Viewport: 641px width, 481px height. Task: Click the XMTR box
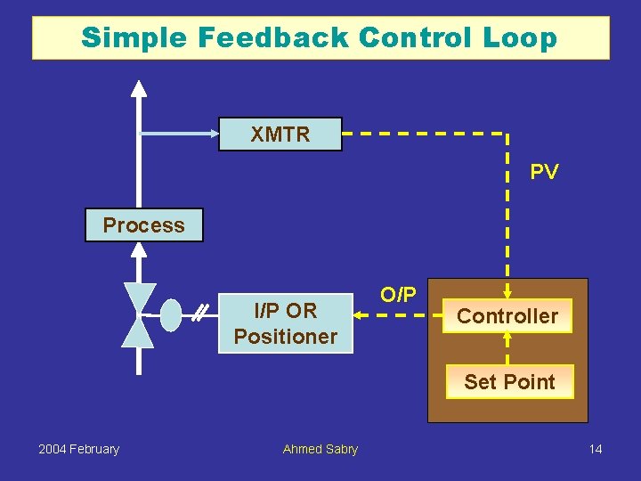[x=280, y=135]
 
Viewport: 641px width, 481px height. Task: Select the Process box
[x=143, y=225]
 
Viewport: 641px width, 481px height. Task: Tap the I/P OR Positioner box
[x=285, y=323]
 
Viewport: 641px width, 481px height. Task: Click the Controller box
[x=507, y=316]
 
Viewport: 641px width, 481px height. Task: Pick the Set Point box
[x=509, y=382]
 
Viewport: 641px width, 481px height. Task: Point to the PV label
[x=544, y=173]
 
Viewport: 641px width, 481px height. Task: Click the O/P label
[x=398, y=295]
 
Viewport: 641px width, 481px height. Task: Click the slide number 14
[x=595, y=449]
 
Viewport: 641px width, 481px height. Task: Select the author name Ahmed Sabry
[x=320, y=449]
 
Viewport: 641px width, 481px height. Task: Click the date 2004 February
[x=78, y=449]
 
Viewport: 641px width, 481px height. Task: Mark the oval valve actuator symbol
[x=171, y=314]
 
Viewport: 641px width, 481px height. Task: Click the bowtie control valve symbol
[x=138, y=314]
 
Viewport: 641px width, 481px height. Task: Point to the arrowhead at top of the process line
[x=138, y=87]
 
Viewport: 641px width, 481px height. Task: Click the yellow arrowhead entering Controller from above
[x=507, y=292]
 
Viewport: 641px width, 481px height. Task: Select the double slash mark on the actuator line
[x=202, y=313]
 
